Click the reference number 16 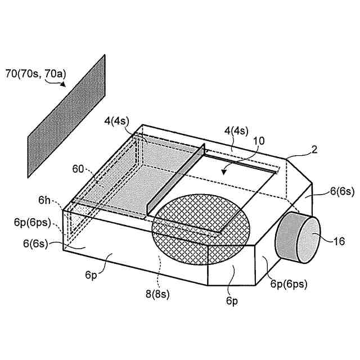(339, 242)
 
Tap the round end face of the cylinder (307, 240)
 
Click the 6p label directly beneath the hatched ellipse (232, 301)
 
